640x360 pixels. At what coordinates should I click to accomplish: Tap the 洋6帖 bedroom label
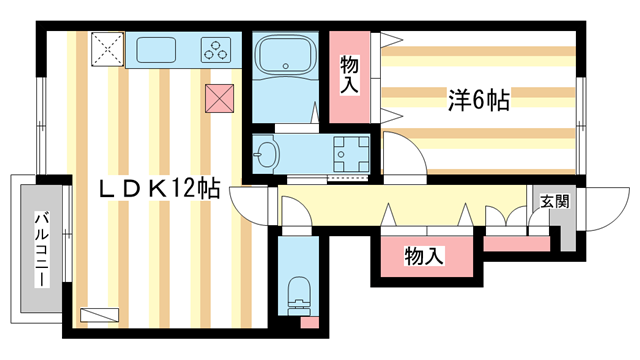coord(477,100)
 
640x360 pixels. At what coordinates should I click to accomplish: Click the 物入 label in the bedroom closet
coord(349,75)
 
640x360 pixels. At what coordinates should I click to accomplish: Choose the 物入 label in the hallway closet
coord(424,257)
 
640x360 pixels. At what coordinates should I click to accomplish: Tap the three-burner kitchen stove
coord(217,49)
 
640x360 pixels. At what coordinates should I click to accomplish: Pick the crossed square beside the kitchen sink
coord(107,48)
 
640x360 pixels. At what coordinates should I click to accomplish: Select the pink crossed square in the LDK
coord(219,99)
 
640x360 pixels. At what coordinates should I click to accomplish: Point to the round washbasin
coord(267,155)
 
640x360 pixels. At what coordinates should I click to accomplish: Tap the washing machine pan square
coord(351,155)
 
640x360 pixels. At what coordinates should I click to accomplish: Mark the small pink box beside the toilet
coord(309,322)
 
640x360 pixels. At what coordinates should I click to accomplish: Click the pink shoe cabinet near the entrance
coord(517,243)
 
